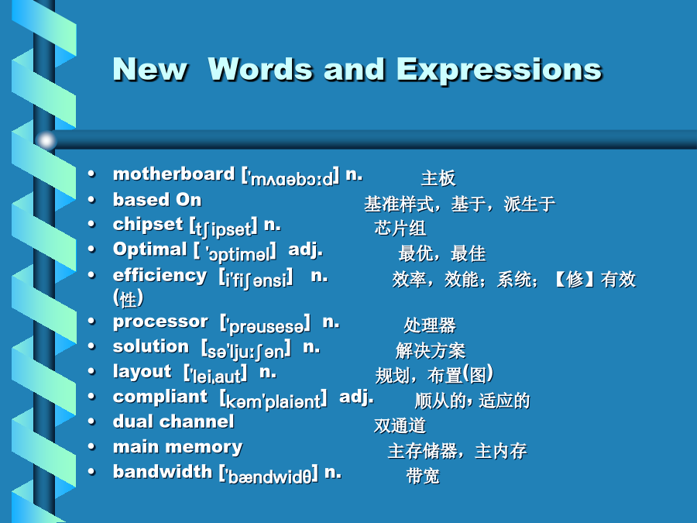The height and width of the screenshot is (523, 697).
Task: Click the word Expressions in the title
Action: (x=499, y=71)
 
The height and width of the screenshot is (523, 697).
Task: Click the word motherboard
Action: (x=173, y=174)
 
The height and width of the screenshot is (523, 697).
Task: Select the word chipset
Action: (x=148, y=224)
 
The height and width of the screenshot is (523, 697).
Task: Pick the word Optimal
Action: (x=149, y=249)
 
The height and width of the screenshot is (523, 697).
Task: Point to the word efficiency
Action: (x=160, y=276)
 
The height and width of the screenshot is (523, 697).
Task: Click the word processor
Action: (x=160, y=322)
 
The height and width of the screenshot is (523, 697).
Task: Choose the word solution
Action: (x=151, y=346)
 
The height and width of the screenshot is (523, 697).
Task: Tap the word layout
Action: (x=142, y=372)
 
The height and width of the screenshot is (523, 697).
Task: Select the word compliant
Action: (x=160, y=397)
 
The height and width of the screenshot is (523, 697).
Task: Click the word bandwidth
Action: (x=163, y=471)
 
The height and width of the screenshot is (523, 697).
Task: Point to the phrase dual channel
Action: (x=173, y=421)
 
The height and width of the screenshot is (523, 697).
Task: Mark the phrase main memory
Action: (x=178, y=447)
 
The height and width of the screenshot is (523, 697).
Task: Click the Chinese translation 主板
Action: (x=438, y=178)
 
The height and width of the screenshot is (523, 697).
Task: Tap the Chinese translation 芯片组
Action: (x=400, y=228)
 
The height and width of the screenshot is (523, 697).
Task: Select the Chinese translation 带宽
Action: (x=423, y=476)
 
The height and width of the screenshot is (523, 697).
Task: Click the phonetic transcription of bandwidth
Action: (x=269, y=474)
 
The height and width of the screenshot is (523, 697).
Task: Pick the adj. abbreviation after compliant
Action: (x=356, y=397)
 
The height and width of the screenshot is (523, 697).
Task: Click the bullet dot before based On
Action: (x=91, y=200)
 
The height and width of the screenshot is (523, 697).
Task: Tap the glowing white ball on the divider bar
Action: (x=46, y=140)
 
